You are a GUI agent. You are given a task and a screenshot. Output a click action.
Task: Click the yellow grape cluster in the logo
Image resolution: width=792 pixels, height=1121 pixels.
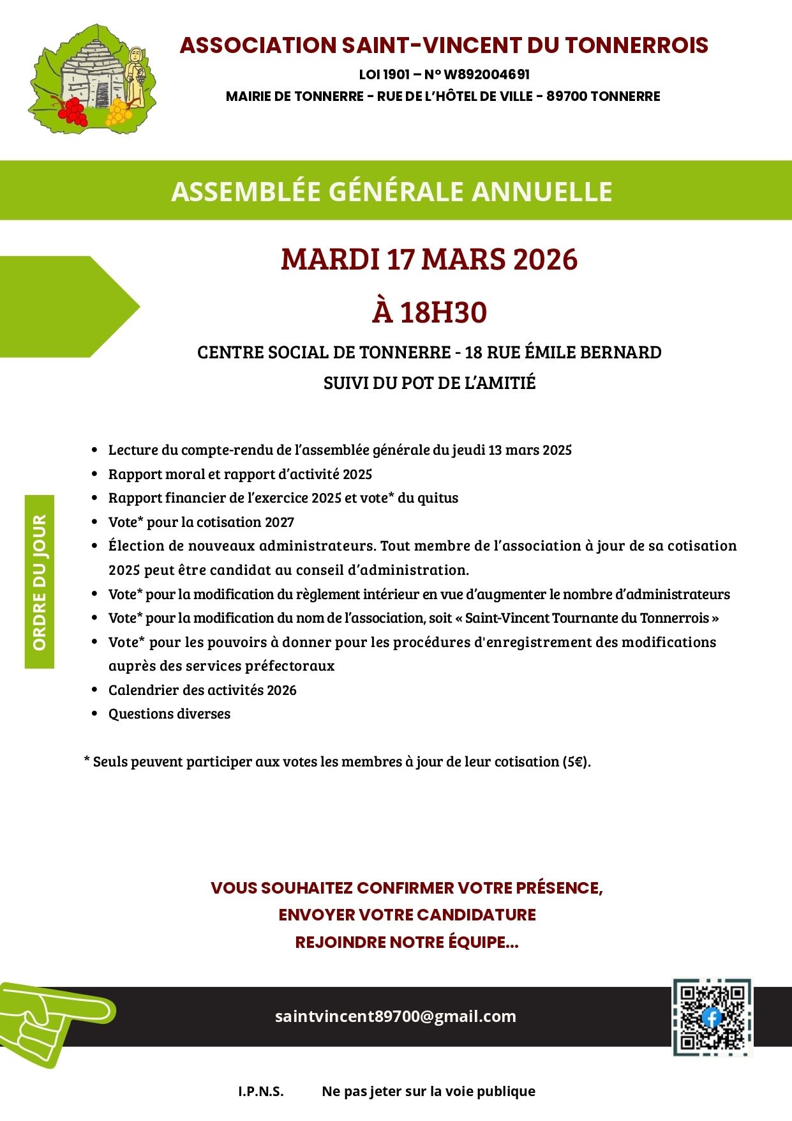click(119, 112)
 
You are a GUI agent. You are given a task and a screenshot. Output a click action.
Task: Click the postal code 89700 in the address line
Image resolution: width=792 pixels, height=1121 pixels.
click(566, 96)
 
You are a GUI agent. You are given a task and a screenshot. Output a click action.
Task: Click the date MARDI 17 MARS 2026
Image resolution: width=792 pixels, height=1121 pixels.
click(429, 259)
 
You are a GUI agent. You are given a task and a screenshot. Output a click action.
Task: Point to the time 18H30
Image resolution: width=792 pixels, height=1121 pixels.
click(443, 312)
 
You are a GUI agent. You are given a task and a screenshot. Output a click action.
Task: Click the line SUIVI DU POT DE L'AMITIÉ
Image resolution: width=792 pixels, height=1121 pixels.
click(429, 383)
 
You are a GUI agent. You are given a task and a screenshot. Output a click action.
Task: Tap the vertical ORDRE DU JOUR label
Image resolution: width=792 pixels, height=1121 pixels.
click(40, 582)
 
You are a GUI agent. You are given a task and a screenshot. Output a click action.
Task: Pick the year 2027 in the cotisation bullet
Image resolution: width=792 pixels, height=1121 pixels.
click(280, 522)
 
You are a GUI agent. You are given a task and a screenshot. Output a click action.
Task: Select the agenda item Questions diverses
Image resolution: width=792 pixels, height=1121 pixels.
click(169, 714)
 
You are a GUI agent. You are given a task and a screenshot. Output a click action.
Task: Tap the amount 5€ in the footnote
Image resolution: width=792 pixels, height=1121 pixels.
click(575, 762)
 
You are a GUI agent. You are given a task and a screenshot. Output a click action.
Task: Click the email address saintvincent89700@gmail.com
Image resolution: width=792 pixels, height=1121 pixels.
click(395, 1016)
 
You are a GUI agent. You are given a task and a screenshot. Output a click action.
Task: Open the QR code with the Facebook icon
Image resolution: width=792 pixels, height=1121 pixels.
click(712, 1017)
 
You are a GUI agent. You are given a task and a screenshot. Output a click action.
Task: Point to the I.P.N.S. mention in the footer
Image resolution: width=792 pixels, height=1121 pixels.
click(260, 1091)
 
